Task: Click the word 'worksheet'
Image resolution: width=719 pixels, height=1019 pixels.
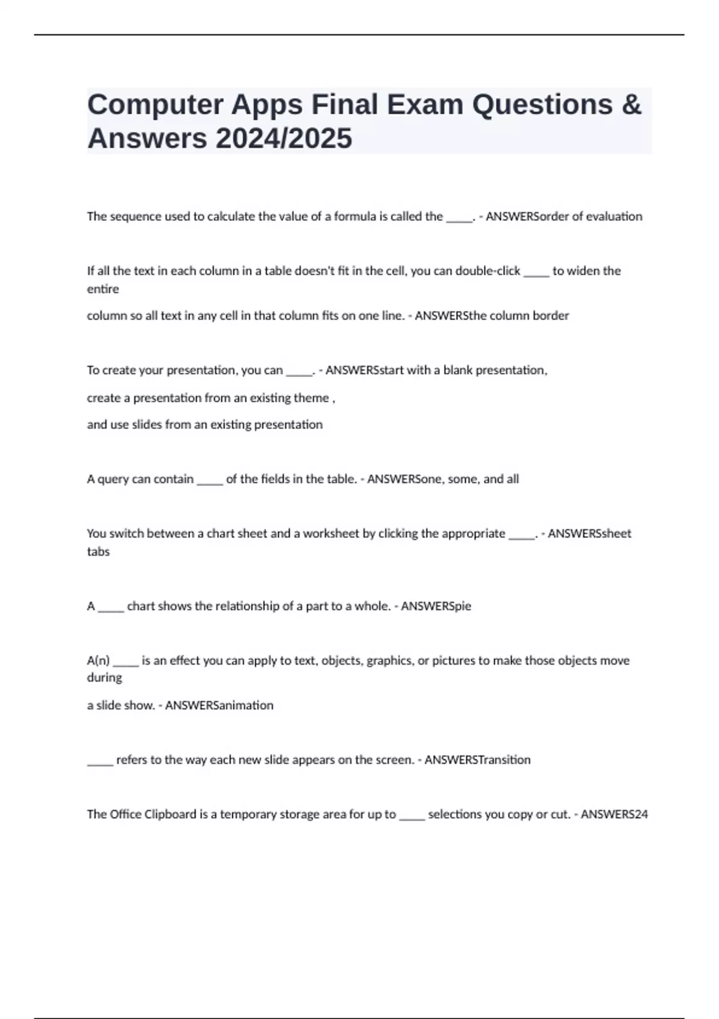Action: point(331,533)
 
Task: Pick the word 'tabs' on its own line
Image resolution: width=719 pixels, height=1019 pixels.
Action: point(98,552)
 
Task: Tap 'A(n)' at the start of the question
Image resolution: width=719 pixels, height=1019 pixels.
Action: point(98,661)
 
